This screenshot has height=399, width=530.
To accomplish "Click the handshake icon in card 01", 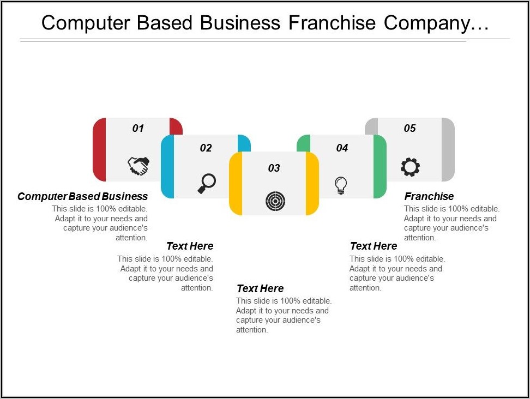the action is (x=138, y=166).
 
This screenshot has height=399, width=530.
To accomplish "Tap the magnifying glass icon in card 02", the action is (x=207, y=184).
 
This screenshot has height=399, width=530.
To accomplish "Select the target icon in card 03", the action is (x=275, y=201).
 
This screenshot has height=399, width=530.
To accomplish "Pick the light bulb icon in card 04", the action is (x=341, y=185).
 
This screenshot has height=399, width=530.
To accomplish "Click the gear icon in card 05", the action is (x=411, y=167).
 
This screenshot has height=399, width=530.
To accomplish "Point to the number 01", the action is (x=138, y=128).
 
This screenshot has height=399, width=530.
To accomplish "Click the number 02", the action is (x=206, y=148).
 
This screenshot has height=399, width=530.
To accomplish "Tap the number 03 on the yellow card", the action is (x=274, y=168).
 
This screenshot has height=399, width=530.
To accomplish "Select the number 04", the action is (x=342, y=148).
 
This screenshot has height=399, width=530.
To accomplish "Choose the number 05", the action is (x=409, y=128).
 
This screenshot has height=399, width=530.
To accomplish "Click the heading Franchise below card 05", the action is (x=429, y=196).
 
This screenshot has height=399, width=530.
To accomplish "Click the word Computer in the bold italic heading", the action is (x=43, y=196).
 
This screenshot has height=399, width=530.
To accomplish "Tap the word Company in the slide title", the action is (x=436, y=23).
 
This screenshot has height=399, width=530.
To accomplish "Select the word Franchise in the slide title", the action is (x=332, y=23).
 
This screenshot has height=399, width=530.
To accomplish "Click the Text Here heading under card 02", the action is (x=190, y=246).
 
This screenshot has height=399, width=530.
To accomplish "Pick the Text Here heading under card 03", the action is (x=260, y=288).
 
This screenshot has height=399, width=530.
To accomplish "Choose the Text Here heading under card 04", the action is (x=374, y=246).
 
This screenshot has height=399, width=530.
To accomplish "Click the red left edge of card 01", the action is (x=99, y=149).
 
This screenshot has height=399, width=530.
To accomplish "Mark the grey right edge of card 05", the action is (x=448, y=149).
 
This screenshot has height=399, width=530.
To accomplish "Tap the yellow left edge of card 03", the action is (x=236, y=184).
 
